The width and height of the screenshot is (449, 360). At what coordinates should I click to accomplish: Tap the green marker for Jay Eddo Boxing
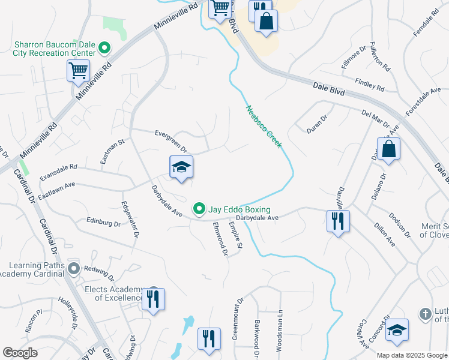200,209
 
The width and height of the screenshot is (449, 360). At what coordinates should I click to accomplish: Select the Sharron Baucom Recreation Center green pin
104,46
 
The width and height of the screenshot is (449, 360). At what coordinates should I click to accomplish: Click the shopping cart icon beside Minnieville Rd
78,72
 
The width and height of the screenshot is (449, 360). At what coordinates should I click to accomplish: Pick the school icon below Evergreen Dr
181,167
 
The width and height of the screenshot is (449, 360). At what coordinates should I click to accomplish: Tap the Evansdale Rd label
59,172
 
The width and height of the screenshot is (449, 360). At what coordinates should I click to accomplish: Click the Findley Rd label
370,85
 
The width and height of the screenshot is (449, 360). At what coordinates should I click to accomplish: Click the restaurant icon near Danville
338,221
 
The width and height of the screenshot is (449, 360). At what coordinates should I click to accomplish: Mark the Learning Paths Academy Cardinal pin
74,268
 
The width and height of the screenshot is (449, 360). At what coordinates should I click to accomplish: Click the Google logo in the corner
20,353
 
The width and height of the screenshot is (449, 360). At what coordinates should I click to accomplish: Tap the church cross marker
425,314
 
